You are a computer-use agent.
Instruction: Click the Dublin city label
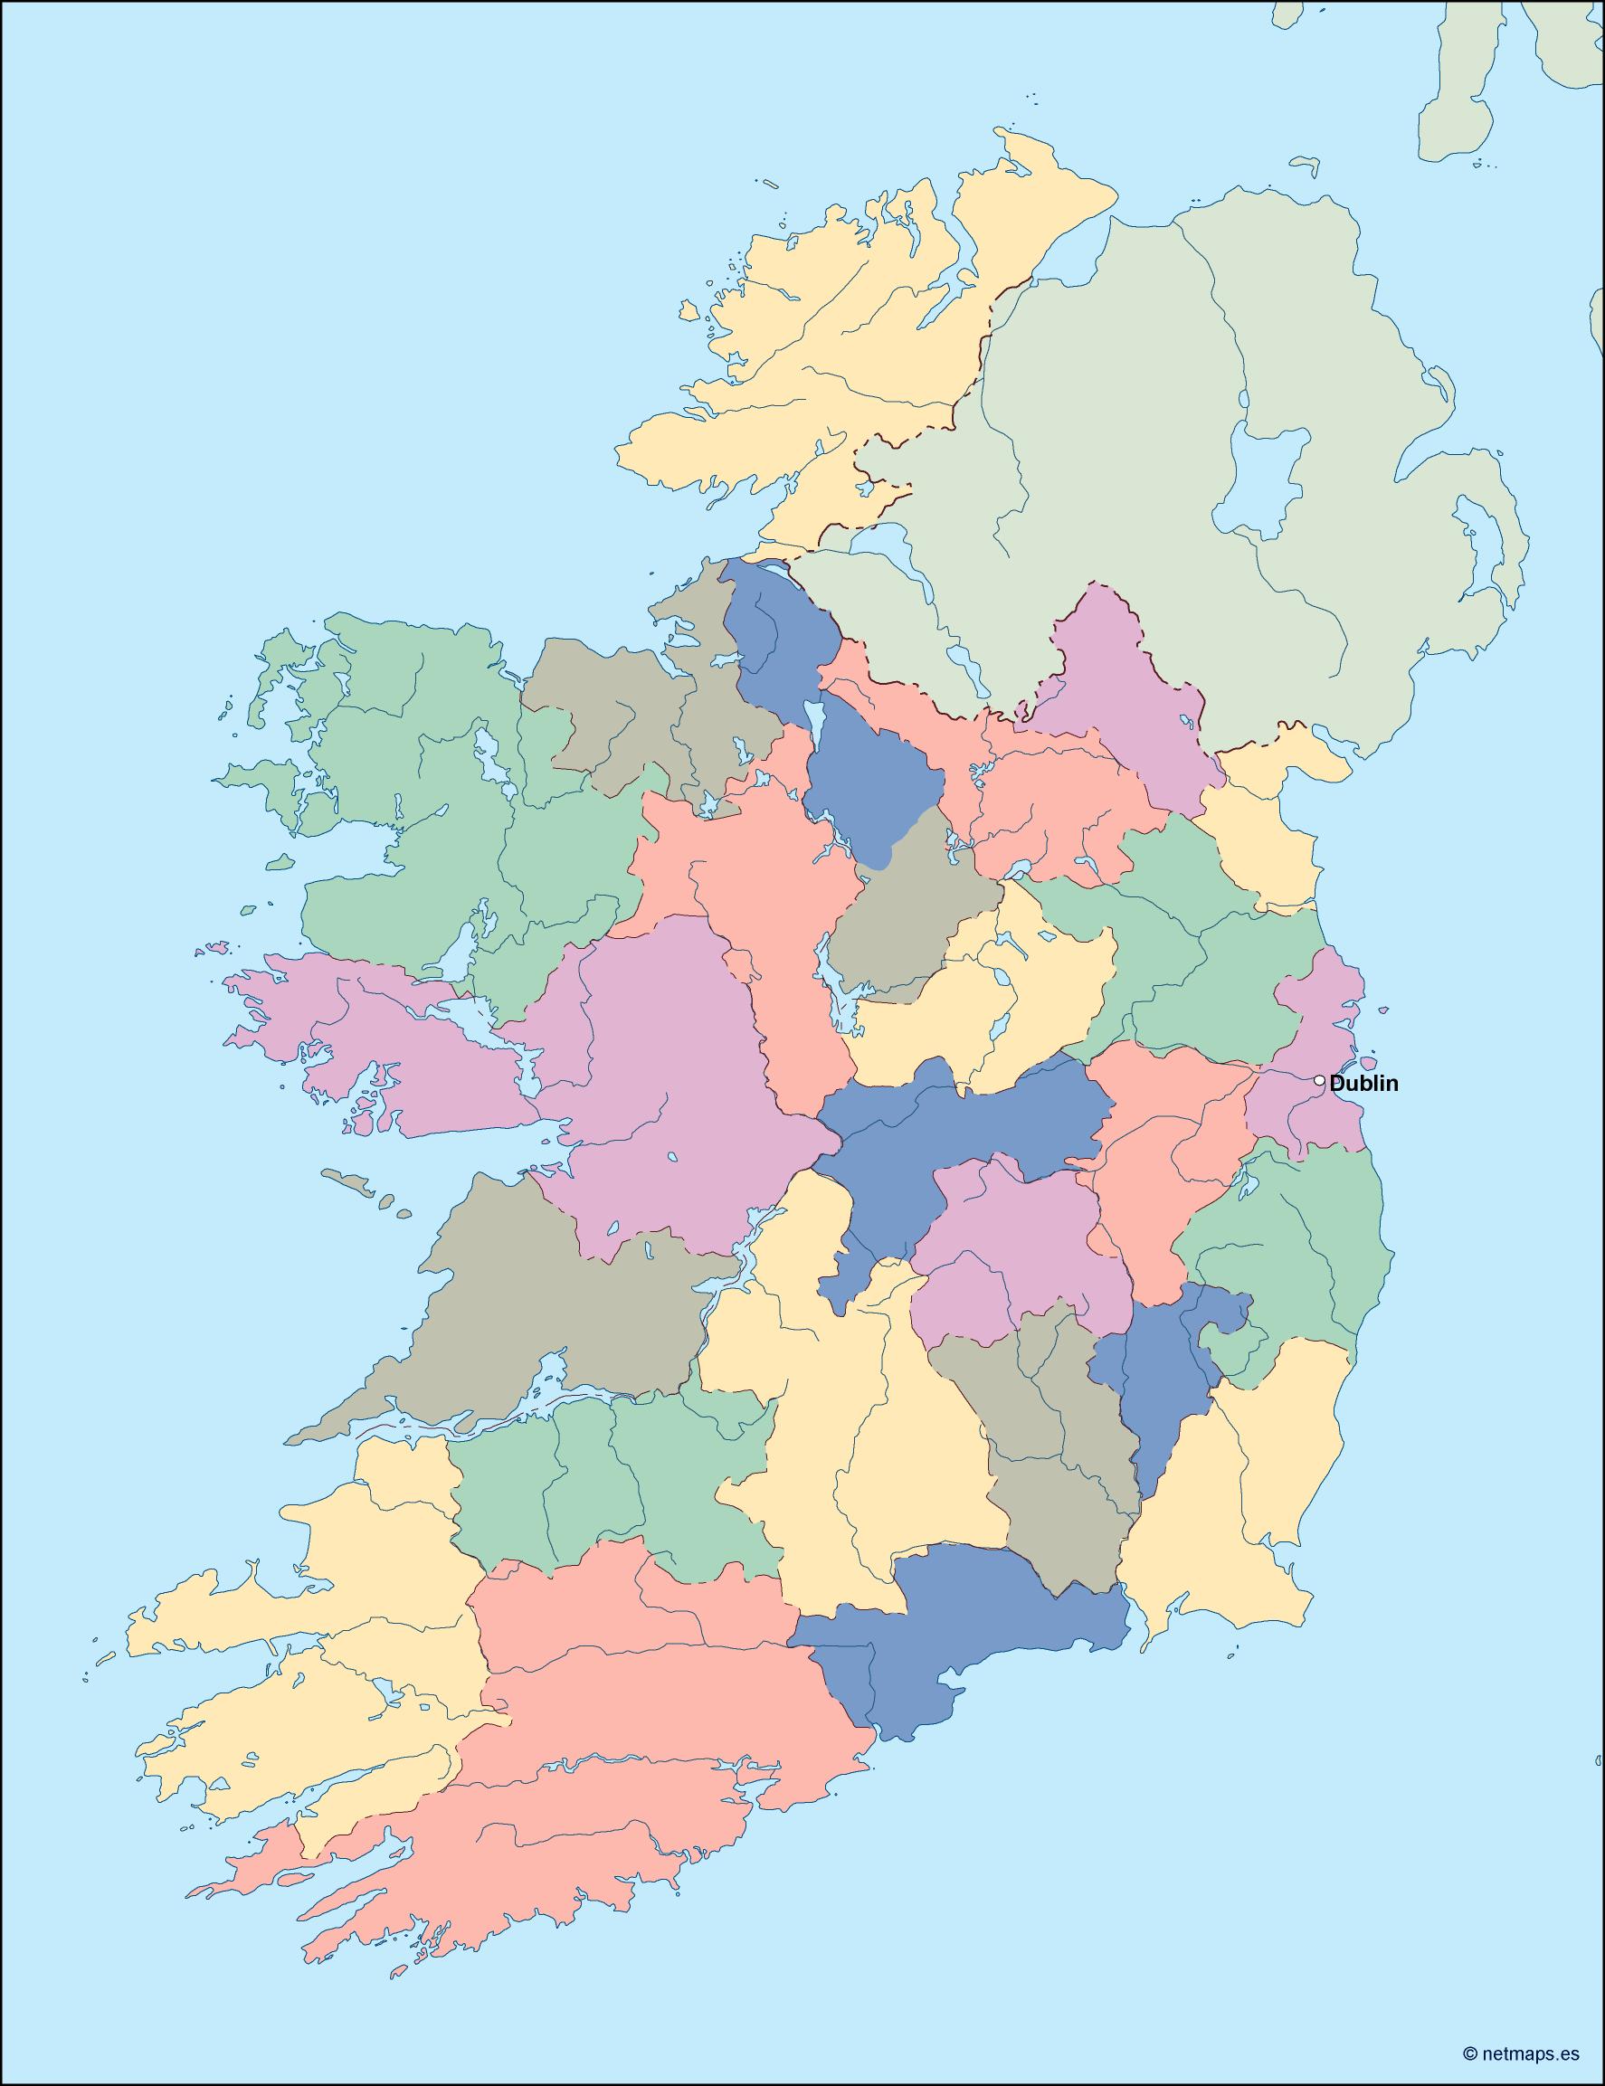(x=1363, y=1083)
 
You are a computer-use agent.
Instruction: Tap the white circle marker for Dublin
(x=1319, y=1081)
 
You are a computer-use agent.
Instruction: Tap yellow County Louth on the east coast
(x=1261, y=840)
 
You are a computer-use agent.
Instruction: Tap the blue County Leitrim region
(x=859, y=773)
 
